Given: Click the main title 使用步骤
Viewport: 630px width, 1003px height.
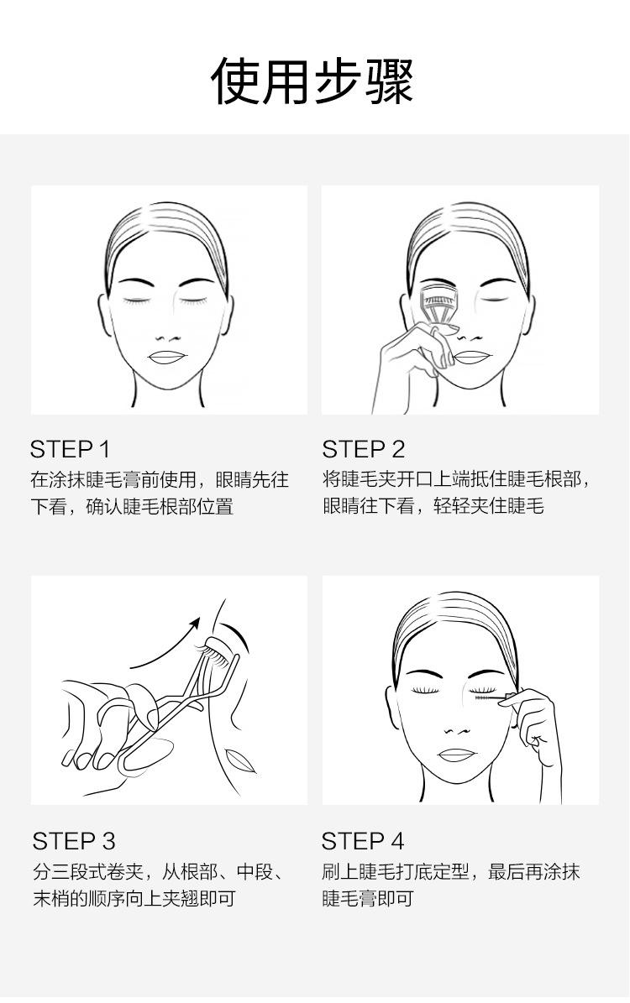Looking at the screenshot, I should tap(312, 81).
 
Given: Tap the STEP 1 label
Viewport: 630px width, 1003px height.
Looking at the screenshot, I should tap(71, 449).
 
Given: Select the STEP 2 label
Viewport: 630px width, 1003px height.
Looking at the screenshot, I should tap(364, 449).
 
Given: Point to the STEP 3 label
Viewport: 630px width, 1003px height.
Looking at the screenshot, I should tap(74, 841).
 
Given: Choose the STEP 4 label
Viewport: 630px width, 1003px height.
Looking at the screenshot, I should tap(363, 841).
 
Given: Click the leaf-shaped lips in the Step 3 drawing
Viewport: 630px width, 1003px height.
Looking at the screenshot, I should tap(241, 760).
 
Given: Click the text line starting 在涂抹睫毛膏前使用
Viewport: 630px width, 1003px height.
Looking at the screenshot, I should tap(160, 480).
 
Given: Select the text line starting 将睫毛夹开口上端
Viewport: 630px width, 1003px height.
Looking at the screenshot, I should tap(457, 480).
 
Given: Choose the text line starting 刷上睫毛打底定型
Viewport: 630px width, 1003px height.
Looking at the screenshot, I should tap(451, 872).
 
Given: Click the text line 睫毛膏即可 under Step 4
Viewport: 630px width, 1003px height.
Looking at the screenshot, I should tap(368, 899).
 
